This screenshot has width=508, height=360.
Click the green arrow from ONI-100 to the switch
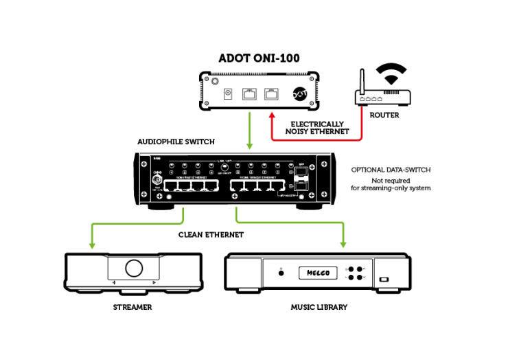pyautogui.click(x=249, y=131)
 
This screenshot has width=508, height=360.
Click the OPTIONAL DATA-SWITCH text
pyautogui.click(x=391, y=170)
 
